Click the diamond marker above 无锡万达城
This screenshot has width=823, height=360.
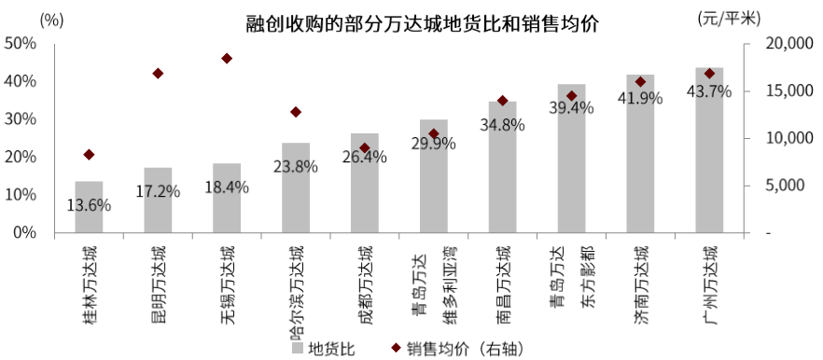point(227,59)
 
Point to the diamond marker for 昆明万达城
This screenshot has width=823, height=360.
point(158,74)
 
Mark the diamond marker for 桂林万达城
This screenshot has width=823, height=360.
point(89,155)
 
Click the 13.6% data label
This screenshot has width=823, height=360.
point(89,205)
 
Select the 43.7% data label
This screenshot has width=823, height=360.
point(709,90)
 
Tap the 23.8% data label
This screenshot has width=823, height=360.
point(296,167)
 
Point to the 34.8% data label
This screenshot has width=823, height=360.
point(503,124)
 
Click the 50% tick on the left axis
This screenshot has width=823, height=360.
point(21,43)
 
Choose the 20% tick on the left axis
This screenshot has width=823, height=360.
point(21,157)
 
